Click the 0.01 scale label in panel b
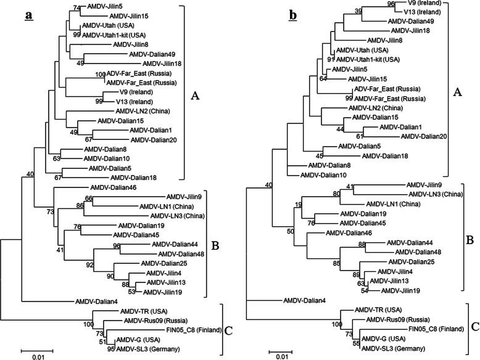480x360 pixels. pos(281,356)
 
